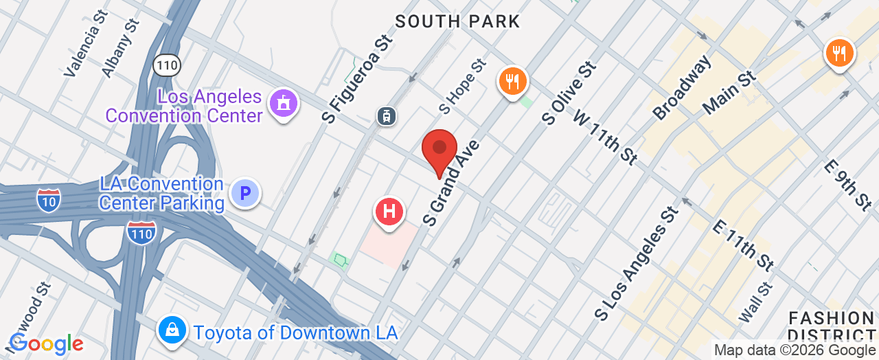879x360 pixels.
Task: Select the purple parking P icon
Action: pos(245,192)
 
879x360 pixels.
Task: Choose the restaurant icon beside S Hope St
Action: pos(512,82)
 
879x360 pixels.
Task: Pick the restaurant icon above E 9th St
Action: pos(838,52)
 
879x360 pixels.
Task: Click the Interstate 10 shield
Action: pos(48,199)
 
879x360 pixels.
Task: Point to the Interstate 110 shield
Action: pos(140,232)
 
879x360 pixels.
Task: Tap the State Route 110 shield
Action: pos(167,65)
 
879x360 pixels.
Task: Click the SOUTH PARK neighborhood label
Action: pos(458,21)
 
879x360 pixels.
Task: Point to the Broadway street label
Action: pos(682,88)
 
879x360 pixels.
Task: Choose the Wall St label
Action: pos(755,303)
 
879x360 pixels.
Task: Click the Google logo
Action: pos(46,343)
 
